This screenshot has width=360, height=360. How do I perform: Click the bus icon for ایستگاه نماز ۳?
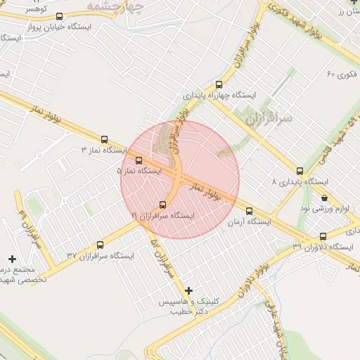pos(105,139)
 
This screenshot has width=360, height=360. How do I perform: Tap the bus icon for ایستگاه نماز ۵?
pos(139,160)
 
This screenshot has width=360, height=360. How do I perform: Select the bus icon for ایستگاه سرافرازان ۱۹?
pos(163,205)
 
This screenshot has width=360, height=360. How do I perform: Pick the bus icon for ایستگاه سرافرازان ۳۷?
pos(100,245)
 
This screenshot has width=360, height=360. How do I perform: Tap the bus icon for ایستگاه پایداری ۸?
pos(300,171)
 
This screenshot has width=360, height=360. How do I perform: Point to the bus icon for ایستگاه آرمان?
pos(249,210)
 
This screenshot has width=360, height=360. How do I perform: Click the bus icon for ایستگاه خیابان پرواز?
pos(58,16)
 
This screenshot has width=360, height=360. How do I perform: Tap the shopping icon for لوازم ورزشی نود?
pos(323,198)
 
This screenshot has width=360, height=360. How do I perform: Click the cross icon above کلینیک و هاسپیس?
pos(188,290)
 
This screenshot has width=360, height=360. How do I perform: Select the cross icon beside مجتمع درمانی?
pos(12,259)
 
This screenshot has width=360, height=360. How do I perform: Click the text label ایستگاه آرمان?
pos(249,221)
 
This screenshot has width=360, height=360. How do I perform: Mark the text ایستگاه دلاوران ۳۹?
pos(326,247)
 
